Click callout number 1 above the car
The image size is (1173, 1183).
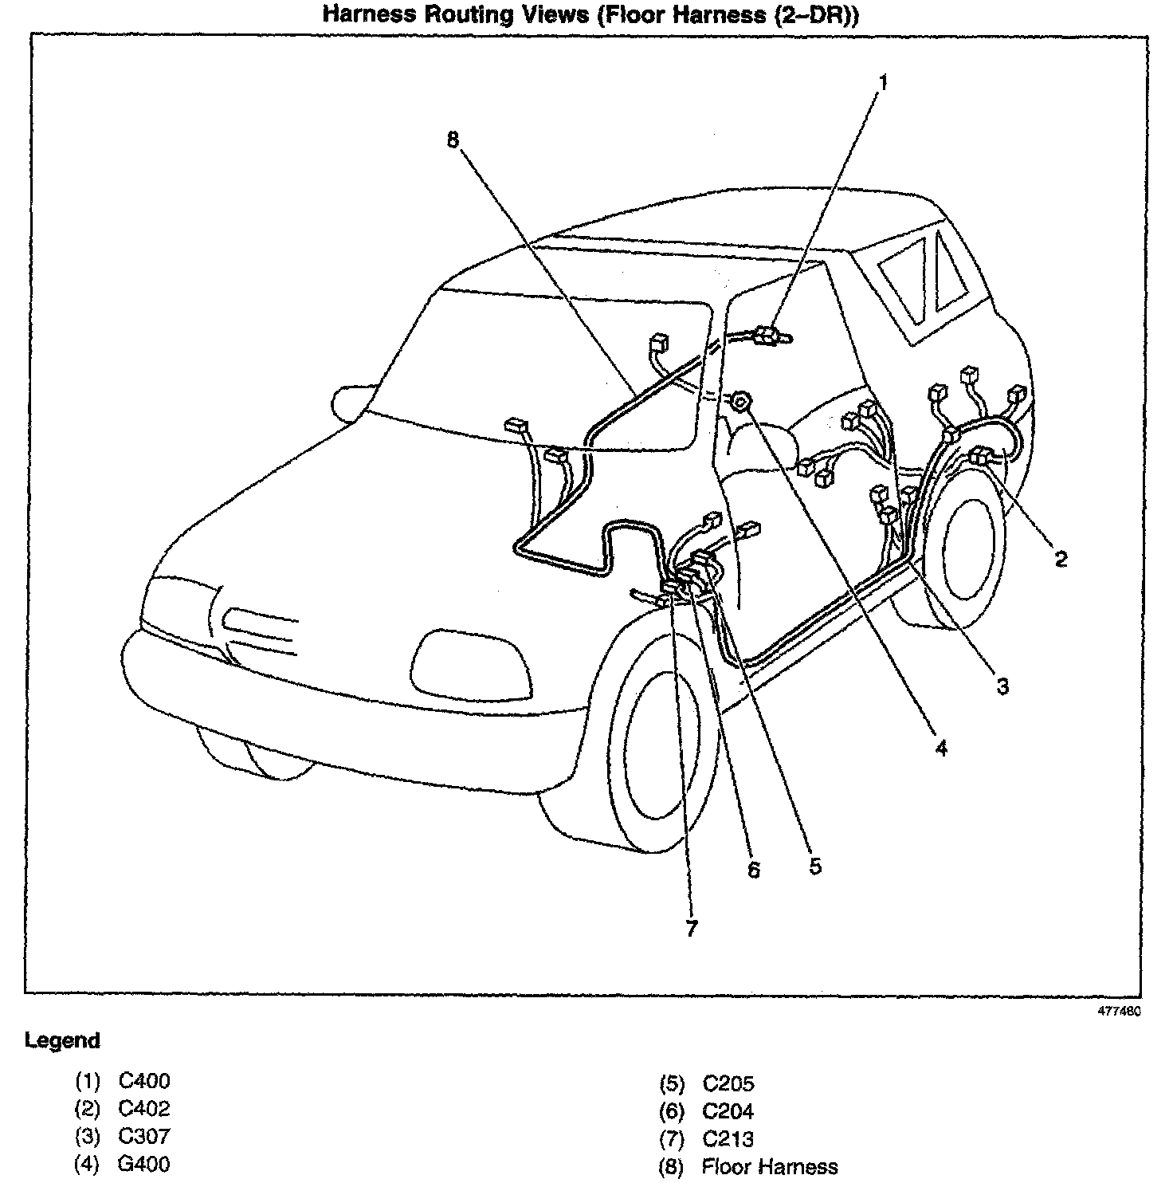coord(882,82)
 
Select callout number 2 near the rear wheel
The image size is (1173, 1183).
coord(1061,559)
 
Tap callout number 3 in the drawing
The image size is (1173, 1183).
coord(1002,686)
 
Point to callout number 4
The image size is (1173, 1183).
coord(941,748)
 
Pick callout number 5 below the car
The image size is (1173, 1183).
coord(814,866)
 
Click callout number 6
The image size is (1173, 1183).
coord(754,869)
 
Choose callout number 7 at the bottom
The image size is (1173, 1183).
coord(691,929)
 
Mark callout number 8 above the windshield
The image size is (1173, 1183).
coord(453,140)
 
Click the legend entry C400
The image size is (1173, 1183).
coord(144,1082)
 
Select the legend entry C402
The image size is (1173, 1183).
coord(144,1109)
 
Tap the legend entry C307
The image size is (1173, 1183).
coord(144,1136)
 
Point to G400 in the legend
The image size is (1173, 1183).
coord(144,1164)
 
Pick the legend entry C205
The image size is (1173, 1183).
coord(728,1083)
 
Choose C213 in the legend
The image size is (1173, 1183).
coord(728,1139)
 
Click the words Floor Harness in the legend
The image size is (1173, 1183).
coord(769,1167)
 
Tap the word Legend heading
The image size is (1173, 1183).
coord(62,1040)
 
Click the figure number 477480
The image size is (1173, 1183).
coord(1120,1011)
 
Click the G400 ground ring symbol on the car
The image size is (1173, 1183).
coord(740,402)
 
